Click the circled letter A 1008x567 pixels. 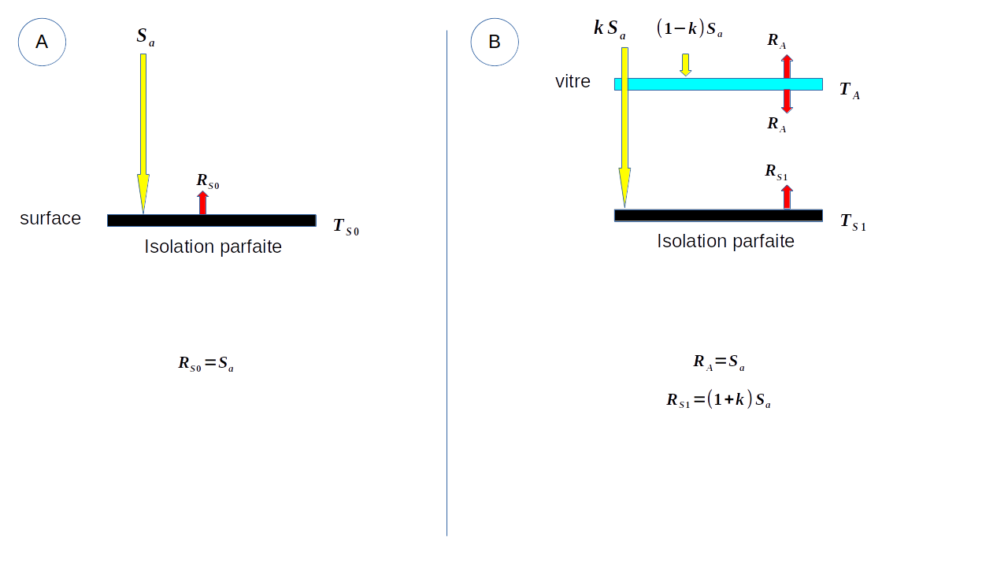pyautogui.click(x=42, y=42)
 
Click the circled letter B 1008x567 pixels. pyautogui.click(x=495, y=42)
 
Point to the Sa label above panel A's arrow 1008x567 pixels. pyautogui.click(x=146, y=36)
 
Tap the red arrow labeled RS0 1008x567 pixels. pyautogui.click(x=203, y=202)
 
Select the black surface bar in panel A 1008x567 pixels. pyautogui.click(x=212, y=220)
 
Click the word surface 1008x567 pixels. pyautogui.click(x=50, y=218)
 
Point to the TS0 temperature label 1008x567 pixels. pyautogui.click(x=346, y=227)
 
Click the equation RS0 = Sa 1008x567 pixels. pyautogui.click(x=206, y=364)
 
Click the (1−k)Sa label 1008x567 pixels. pyautogui.click(x=690, y=30)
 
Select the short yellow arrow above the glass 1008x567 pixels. pyautogui.click(x=686, y=65)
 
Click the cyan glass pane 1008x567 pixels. pyautogui.click(x=718, y=84)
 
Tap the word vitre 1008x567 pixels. pyautogui.click(x=573, y=81)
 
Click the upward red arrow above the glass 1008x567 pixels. pyautogui.click(x=787, y=66)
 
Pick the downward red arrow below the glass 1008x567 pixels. pyautogui.click(x=787, y=101)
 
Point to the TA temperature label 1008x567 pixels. pyautogui.click(x=850, y=91)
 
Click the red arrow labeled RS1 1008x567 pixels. pyautogui.click(x=787, y=197)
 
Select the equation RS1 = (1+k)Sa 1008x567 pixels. pyautogui.click(x=718, y=399)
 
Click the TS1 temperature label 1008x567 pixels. pyautogui.click(x=853, y=222)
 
